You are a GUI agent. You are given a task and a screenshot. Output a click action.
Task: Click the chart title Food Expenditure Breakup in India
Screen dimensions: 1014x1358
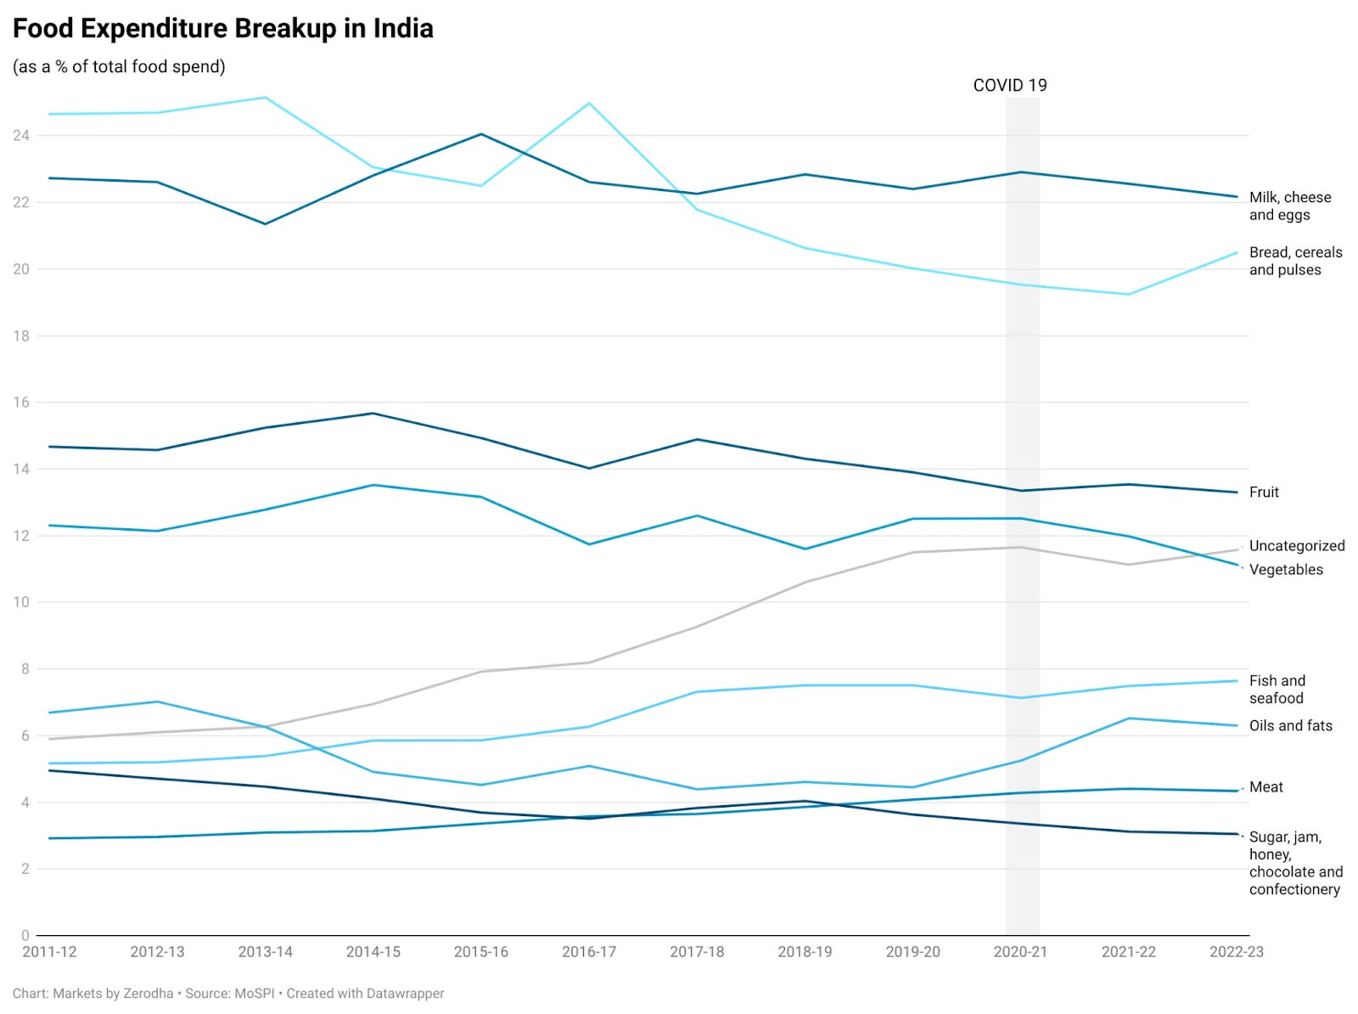click(222, 29)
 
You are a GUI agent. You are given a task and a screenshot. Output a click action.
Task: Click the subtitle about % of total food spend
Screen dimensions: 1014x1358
click(119, 67)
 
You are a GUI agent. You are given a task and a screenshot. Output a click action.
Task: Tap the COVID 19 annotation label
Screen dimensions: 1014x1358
click(1009, 85)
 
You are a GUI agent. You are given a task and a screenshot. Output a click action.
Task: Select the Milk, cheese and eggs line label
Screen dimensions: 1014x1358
click(1289, 206)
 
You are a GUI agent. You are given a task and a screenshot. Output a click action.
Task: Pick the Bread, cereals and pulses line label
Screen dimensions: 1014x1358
click(1295, 261)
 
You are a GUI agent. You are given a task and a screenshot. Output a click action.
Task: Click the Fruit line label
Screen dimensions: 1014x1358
click(1263, 493)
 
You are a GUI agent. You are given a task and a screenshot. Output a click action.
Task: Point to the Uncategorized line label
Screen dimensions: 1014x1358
click(1296, 546)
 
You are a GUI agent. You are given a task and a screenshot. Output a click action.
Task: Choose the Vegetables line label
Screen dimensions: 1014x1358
click(1285, 570)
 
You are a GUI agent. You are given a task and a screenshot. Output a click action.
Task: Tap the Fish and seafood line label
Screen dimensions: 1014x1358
click(1277, 690)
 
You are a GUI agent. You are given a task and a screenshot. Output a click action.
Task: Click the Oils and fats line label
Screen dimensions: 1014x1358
click(1290, 726)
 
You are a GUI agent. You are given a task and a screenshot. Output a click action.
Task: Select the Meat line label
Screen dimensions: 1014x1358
click(1265, 787)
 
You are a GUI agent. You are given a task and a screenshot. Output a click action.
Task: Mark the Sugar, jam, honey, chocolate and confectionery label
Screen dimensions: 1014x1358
click(1295, 863)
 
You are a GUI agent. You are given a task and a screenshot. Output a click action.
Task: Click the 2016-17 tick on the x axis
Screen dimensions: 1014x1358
click(588, 952)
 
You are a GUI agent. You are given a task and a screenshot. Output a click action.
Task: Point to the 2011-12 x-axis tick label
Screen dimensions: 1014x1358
click(49, 952)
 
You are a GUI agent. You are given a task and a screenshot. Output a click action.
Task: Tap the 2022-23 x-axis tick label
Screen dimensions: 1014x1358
click(1236, 952)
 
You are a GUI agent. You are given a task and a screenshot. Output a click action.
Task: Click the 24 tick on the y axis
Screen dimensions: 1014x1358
click(20, 136)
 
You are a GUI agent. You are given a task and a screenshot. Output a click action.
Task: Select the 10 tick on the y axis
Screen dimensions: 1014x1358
click(20, 602)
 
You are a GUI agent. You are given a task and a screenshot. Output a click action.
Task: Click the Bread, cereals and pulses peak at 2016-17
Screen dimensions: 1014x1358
click(589, 104)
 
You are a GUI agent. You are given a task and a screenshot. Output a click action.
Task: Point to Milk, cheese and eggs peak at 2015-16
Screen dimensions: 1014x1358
click(481, 134)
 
